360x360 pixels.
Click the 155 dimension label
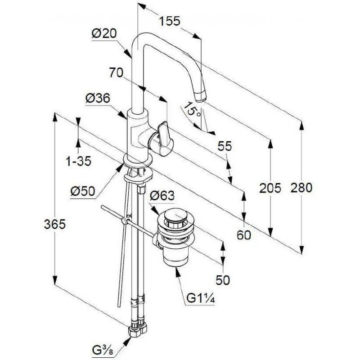point(170,21)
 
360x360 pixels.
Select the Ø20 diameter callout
point(104,33)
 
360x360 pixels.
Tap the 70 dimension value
point(116,72)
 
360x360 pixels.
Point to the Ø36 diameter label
point(98,99)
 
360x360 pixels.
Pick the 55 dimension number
point(225,146)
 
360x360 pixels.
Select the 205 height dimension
point(270,188)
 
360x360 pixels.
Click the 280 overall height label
point(301,188)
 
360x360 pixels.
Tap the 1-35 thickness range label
point(78,161)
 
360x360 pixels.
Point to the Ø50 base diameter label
point(83,191)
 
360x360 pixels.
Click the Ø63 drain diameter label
point(162,196)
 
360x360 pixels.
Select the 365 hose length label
point(54,224)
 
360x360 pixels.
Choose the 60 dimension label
point(244,235)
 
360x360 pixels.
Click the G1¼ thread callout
point(200,298)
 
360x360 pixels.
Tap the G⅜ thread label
point(102,351)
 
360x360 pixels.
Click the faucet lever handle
point(165,139)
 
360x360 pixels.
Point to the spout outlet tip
point(200,97)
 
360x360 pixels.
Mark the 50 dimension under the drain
point(223,280)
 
